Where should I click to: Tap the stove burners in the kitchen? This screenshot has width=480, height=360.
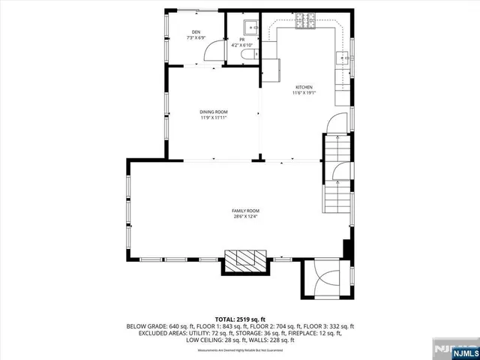pyautogui.click(x=307, y=27)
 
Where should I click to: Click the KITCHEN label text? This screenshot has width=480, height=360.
pyautogui.click(x=304, y=87)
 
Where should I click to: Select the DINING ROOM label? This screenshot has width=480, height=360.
pyautogui.click(x=214, y=112)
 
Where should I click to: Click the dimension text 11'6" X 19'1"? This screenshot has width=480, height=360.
pyautogui.click(x=304, y=93)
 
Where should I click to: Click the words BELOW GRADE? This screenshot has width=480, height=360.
pyautogui.click(x=147, y=326)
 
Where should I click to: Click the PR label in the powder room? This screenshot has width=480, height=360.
pyautogui.click(x=243, y=39)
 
